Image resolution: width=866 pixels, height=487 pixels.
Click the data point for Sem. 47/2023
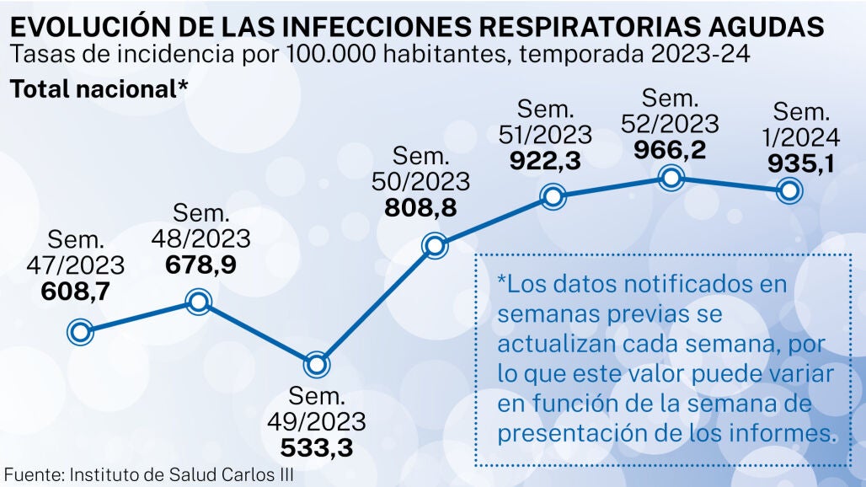tap(80, 332)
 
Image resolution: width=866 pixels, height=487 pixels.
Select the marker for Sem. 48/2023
tap(199, 302)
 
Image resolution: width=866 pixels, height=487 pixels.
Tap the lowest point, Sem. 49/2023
tap(317, 365)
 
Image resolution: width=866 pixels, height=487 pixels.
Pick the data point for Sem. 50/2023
tap(435, 246)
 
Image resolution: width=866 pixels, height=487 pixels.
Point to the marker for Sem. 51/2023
tap(553, 198)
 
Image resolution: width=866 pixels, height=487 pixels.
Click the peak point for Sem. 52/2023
tap(671, 179)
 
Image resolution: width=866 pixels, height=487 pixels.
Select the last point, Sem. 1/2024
tap(789, 192)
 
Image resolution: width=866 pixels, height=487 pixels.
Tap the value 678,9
tap(200, 264)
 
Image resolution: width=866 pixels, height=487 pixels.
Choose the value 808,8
tap(420, 206)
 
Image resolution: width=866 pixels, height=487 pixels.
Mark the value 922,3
tap(545, 159)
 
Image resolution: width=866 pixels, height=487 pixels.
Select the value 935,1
tap(799, 163)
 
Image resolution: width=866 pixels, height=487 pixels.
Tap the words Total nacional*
tap(98, 89)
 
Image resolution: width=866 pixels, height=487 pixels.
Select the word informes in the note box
tap(790, 433)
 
